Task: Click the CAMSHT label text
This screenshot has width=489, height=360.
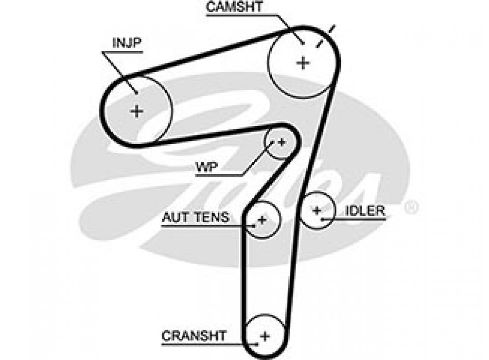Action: pyautogui.click(x=235, y=7)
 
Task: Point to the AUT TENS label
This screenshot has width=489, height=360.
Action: pyautogui.click(x=196, y=217)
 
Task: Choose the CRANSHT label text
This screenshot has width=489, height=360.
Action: pyautogui.click(x=194, y=336)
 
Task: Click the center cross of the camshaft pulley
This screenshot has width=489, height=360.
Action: pyautogui.click(x=304, y=63)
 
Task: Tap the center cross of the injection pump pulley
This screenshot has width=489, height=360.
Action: pyautogui.click(x=136, y=111)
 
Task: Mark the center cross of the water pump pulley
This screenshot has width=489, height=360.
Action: pyautogui.click(x=281, y=141)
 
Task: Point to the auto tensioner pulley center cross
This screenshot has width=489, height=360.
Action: pyautogui.click(x=262, y=221)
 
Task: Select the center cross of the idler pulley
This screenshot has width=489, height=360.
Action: pyautogui.click(x=317, y=210)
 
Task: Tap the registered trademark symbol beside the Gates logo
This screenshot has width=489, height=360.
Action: pyautogui.click(x=411, y=207)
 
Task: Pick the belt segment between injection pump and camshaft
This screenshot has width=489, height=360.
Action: pyautogui.click(x=206, y=53)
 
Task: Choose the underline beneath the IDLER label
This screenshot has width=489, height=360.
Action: pyautogui.click(x=360, y=219)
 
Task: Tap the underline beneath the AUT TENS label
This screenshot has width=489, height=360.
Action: pyautogui.click(x=201, y=225)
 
